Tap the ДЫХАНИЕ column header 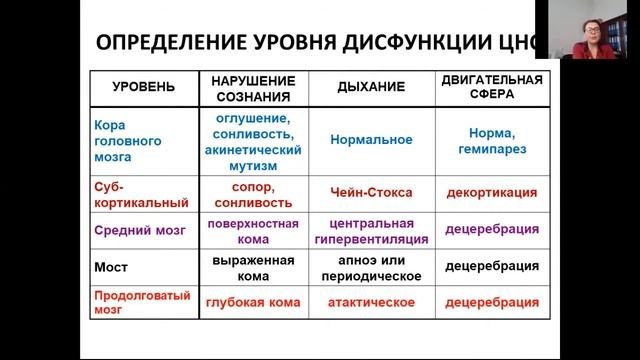pyautogui.click(x=367, y=87)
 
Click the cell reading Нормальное pyautogui.click(x=367, y=141)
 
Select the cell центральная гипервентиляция pyautogui.click(x=367, y=231)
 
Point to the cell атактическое pyautogui.click(x=367, y=301)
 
